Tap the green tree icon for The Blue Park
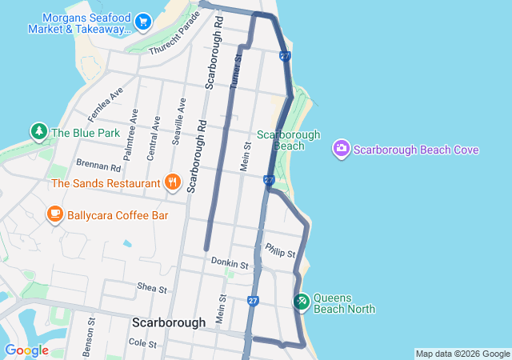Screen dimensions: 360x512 [38, 131]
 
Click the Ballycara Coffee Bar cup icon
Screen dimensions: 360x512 [54, 214]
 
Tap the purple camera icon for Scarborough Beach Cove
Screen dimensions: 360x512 [341, 149]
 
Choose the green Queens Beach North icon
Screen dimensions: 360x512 [301, 302]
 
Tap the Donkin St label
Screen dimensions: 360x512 [230, 262]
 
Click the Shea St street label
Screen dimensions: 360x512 [151, 288]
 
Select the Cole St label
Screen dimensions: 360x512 [142, 342]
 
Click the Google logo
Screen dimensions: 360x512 [26, 350]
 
